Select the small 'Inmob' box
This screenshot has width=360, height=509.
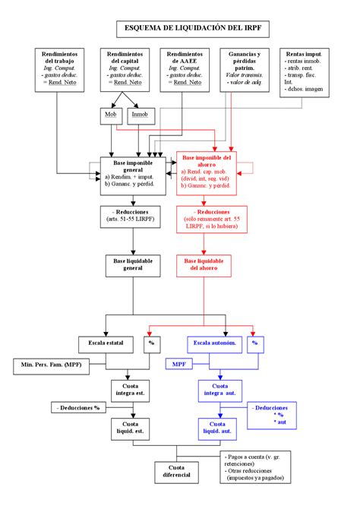[141, 115]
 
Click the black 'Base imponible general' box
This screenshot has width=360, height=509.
[133, 175]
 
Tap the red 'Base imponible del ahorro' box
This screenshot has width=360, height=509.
[208, 174]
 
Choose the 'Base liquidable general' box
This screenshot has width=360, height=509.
[133, 264]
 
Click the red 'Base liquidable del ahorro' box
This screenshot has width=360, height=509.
[208, 264]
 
